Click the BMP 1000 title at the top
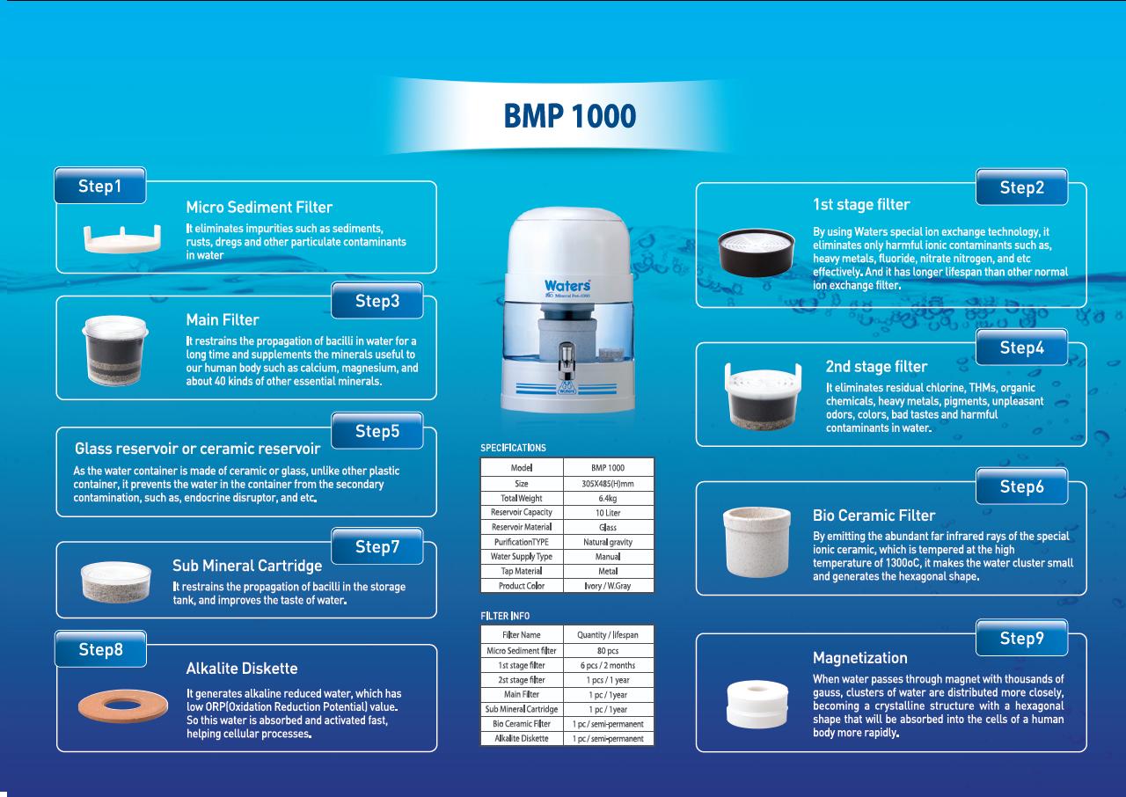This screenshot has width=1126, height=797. click(x=569, y=116)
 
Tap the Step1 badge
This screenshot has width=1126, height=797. click(x=100, y=186)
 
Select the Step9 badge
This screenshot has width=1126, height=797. click(x=1021, y=638)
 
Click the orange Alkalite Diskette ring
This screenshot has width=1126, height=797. click(x=123, y=706)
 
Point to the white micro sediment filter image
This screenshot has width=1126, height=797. click(x=122, y=238)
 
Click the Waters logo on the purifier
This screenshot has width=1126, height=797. click(x=567, y=285)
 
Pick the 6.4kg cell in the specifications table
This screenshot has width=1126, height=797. click(x=608, y=498)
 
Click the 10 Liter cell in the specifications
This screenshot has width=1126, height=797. click(x=608, y=513)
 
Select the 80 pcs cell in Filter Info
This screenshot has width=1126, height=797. click(x=608, y=650)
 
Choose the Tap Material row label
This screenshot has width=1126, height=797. click(x=522, y=571)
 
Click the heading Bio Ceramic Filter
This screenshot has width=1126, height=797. click(x=874, y=515)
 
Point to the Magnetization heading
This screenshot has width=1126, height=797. click(x=860, y=658)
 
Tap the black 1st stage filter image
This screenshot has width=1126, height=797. click(x=757, y=252)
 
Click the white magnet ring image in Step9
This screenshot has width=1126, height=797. click(x=757, y=704)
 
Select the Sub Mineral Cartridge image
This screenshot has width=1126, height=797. click(x=115, y=581)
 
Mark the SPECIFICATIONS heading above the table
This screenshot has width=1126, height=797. click(x=513, y=448)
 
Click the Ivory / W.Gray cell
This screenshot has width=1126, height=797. click(x=608, y=586)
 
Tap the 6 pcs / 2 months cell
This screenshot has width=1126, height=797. click(x=608, y=665)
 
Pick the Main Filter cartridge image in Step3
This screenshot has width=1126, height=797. click(x=115, y=350)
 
